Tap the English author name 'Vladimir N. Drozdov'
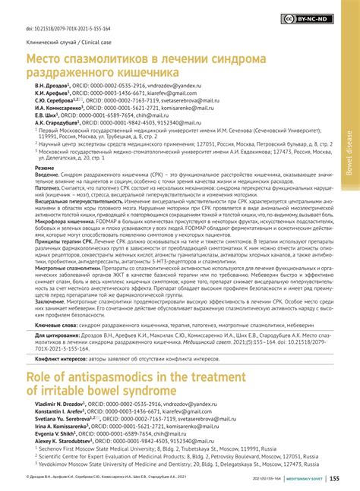[x=53, y=385]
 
